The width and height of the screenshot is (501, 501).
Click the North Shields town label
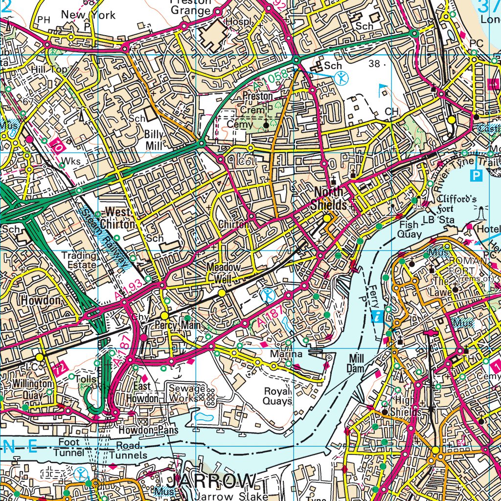[x=331, y=198]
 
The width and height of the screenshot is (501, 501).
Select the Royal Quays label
[x=278, y=396]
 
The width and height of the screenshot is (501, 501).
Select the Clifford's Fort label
[x=456, y=203]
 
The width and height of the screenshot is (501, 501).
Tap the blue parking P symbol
[x=474, y=175]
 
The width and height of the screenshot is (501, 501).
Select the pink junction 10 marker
[x=58, y=146]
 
